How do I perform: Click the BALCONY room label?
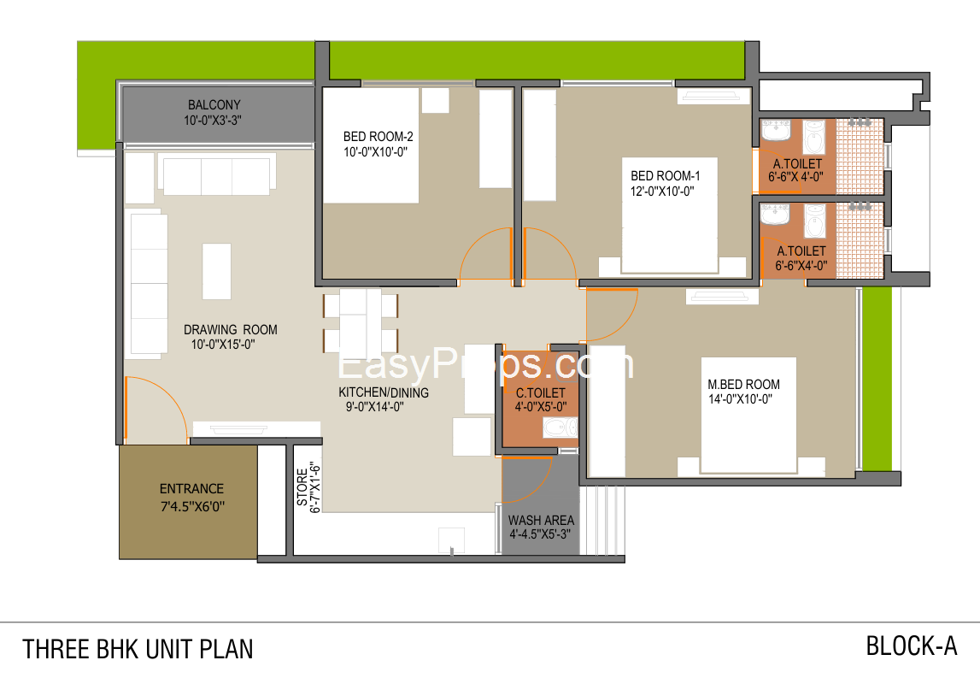pos(214,105)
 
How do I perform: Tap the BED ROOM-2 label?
pos(379,136)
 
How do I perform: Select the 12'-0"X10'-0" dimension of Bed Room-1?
pos(662,192)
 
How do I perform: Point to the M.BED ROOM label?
pos(743,384)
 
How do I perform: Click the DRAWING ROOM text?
pos(230,330)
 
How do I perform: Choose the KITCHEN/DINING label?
pos(384,392)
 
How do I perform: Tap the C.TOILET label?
pos(541,392)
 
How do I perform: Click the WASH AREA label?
pos(541,521)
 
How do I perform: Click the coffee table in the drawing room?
pos(216,271)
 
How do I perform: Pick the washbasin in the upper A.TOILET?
pos(775,131)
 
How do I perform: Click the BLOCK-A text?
pos(912,646)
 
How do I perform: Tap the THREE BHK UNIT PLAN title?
pos(138,649)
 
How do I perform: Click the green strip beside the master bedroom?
pos(877,379)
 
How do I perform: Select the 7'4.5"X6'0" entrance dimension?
pos(192,506)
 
